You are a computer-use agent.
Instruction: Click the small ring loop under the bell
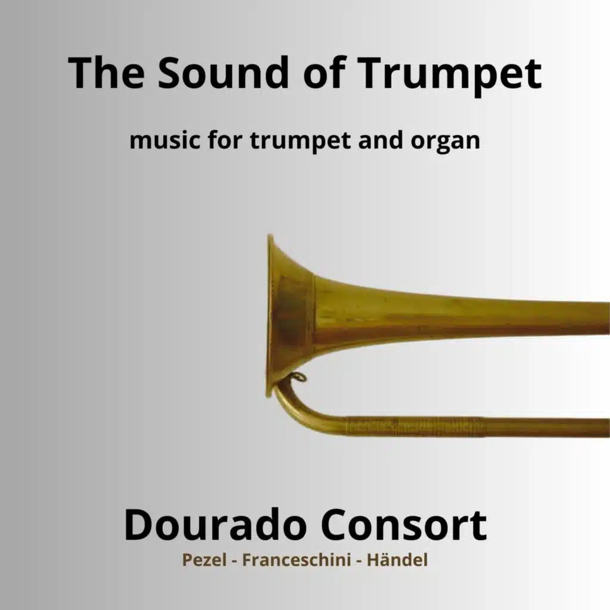[x=298, y=376]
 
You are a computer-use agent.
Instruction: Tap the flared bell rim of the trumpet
[x=272, y=316]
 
